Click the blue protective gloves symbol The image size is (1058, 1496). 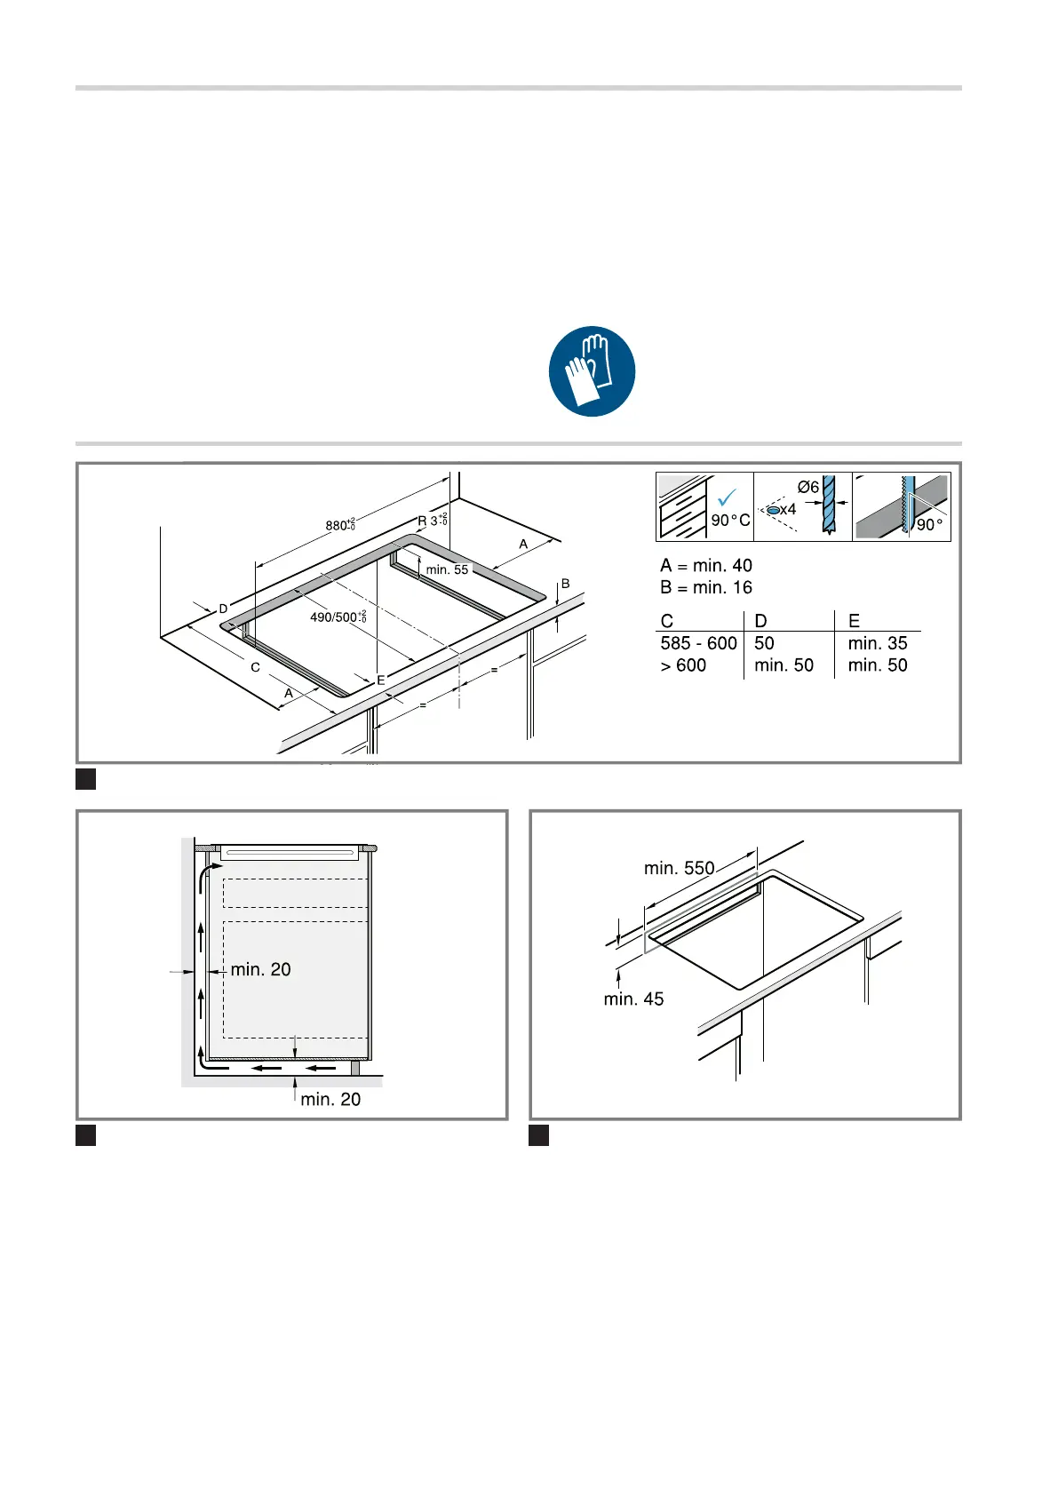592,371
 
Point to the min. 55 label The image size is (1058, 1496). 447,569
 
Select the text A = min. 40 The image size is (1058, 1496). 706,566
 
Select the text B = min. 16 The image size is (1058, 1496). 706,587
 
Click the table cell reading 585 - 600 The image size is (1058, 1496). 698,643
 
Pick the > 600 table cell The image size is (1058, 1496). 683,665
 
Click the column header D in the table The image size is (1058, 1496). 760,621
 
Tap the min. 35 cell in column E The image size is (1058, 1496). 878,643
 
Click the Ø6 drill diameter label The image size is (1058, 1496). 807,487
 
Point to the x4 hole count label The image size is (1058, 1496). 788,510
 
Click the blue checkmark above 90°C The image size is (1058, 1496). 728,497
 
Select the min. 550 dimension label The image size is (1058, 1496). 679,868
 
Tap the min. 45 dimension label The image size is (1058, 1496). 633,999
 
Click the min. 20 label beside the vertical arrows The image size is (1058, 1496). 260,969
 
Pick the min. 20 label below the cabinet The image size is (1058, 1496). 330,1099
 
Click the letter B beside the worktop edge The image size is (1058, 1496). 565,584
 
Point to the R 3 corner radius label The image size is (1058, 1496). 433,521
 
